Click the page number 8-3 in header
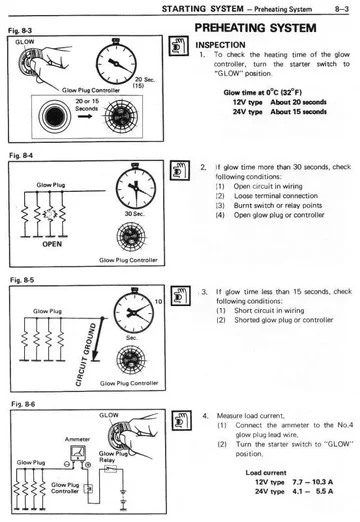tap(339, 9)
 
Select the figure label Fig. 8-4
tap(18, 156)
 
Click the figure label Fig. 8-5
tap(18, 280)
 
